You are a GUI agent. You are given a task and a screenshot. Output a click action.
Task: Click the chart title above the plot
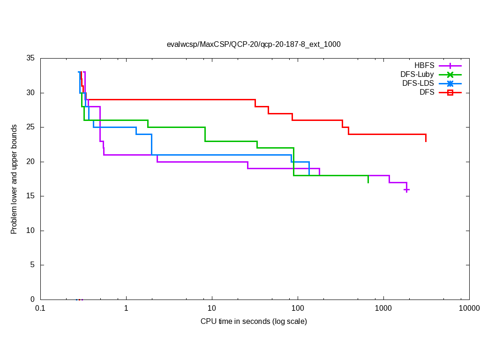[254, 45]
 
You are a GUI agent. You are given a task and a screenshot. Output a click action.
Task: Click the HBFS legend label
[424, 65]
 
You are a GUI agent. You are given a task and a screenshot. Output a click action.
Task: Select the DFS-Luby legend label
[417, 74]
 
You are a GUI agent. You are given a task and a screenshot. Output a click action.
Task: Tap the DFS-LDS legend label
[418, 83]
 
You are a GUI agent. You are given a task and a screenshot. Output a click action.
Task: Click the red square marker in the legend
[450, 93]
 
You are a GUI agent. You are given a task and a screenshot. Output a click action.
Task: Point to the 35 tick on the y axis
[31, 58]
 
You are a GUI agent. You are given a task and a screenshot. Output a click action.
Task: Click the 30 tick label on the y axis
[31, 93]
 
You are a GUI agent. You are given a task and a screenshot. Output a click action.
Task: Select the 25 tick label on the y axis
[31, 127]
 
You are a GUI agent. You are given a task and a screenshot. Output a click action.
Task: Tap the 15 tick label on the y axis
[31, 196]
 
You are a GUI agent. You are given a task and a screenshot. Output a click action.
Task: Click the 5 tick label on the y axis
[33, 265]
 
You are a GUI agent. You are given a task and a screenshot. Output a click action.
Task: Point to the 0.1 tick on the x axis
[40, 308]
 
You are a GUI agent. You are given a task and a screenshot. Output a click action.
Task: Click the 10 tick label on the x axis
[212, 308]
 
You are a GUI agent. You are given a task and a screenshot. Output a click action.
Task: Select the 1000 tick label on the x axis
[383, 308]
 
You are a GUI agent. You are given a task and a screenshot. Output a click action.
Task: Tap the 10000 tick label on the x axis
[469, 308]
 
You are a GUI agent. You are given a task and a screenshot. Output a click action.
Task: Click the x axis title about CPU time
[254, 322]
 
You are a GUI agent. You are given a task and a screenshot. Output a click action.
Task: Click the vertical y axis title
[15, 179]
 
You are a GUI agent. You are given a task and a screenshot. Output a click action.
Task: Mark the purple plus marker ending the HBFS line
[406, 189]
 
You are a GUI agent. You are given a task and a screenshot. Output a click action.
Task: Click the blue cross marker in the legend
[450, 83]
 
